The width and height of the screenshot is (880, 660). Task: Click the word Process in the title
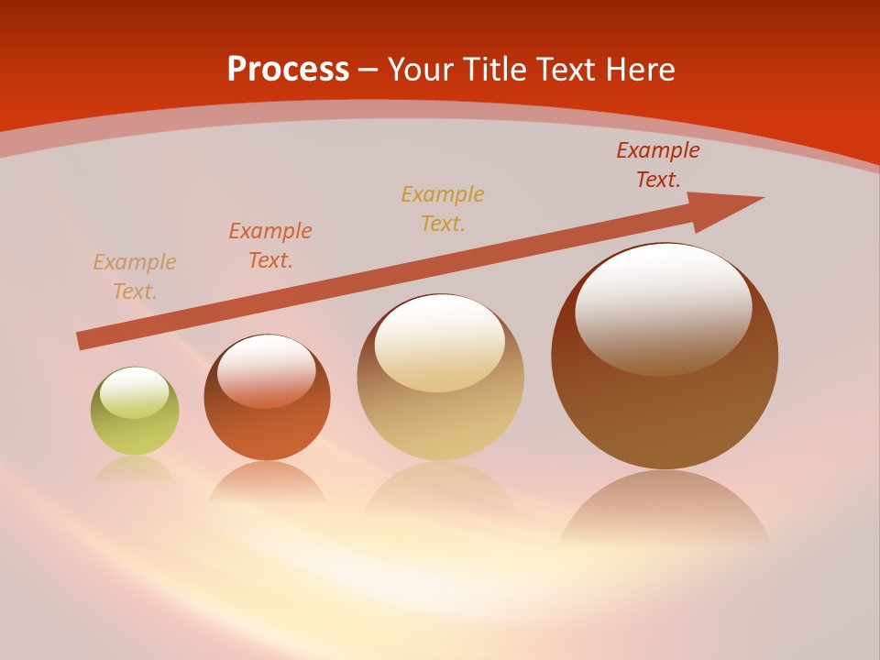click(x=288, y=70)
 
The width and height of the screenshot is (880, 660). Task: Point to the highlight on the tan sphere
click(x=439, y=343)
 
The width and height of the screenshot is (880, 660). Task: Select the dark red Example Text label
click(x=657, y=165)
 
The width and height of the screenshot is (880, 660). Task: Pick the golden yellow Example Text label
click(x=443, y=208)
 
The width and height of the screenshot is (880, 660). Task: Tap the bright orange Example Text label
click(x=270, y=246)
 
